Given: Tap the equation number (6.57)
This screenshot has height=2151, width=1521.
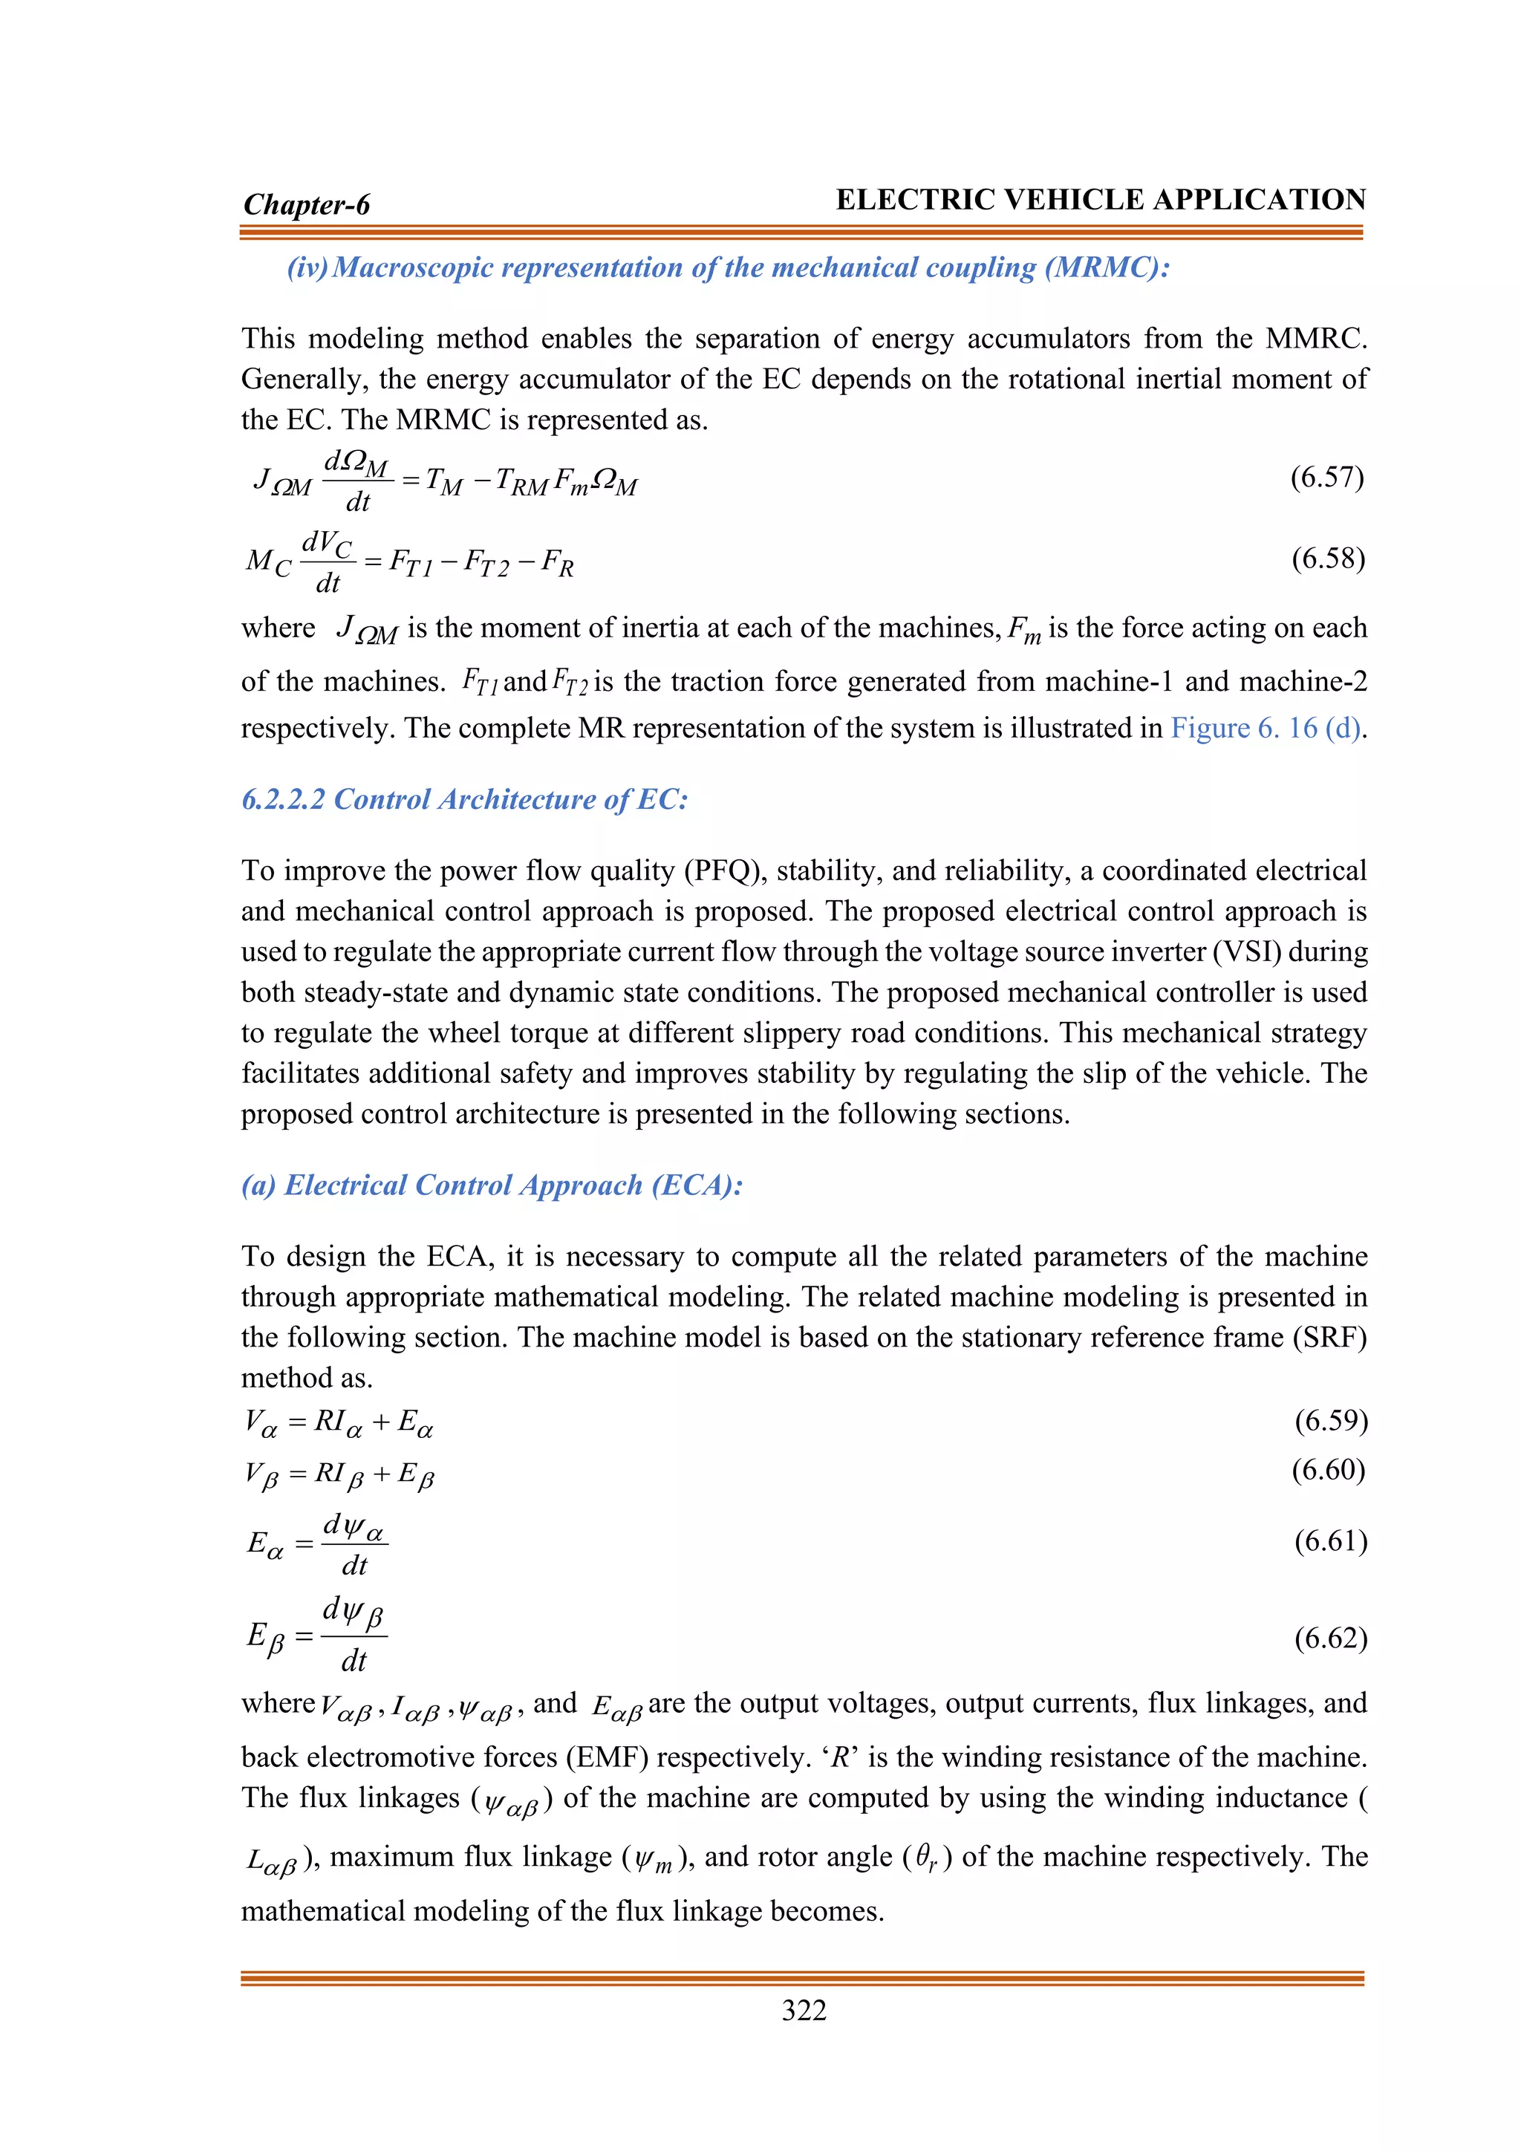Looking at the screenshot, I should click(1327, 477).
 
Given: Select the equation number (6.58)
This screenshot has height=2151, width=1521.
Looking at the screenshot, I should click(1328, 559).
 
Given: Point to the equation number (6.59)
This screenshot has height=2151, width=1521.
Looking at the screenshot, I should click(1331, 1420).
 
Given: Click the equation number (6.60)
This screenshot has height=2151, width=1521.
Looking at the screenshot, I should click(1328, 1469).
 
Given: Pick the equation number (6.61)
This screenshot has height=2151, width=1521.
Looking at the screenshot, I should click(1331, 1540).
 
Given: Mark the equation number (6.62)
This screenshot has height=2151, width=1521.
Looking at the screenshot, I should click(1331, 1637).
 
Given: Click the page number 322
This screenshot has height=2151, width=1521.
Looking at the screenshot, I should click(804, 2011).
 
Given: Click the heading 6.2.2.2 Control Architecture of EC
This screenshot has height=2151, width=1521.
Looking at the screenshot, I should click(464, 799).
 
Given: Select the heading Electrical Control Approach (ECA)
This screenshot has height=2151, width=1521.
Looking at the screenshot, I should click(492, 1185).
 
